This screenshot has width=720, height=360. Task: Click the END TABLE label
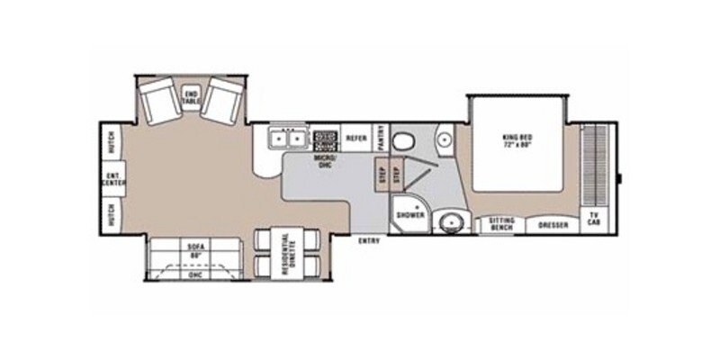191,97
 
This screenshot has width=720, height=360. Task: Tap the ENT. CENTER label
113,177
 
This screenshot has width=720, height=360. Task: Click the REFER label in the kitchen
355,138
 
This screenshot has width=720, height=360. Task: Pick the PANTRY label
382,138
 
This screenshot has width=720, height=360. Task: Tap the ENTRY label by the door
367,241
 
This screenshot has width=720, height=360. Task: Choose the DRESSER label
553,224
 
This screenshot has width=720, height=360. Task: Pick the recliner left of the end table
161,101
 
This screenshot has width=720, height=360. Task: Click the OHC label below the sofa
194,274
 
